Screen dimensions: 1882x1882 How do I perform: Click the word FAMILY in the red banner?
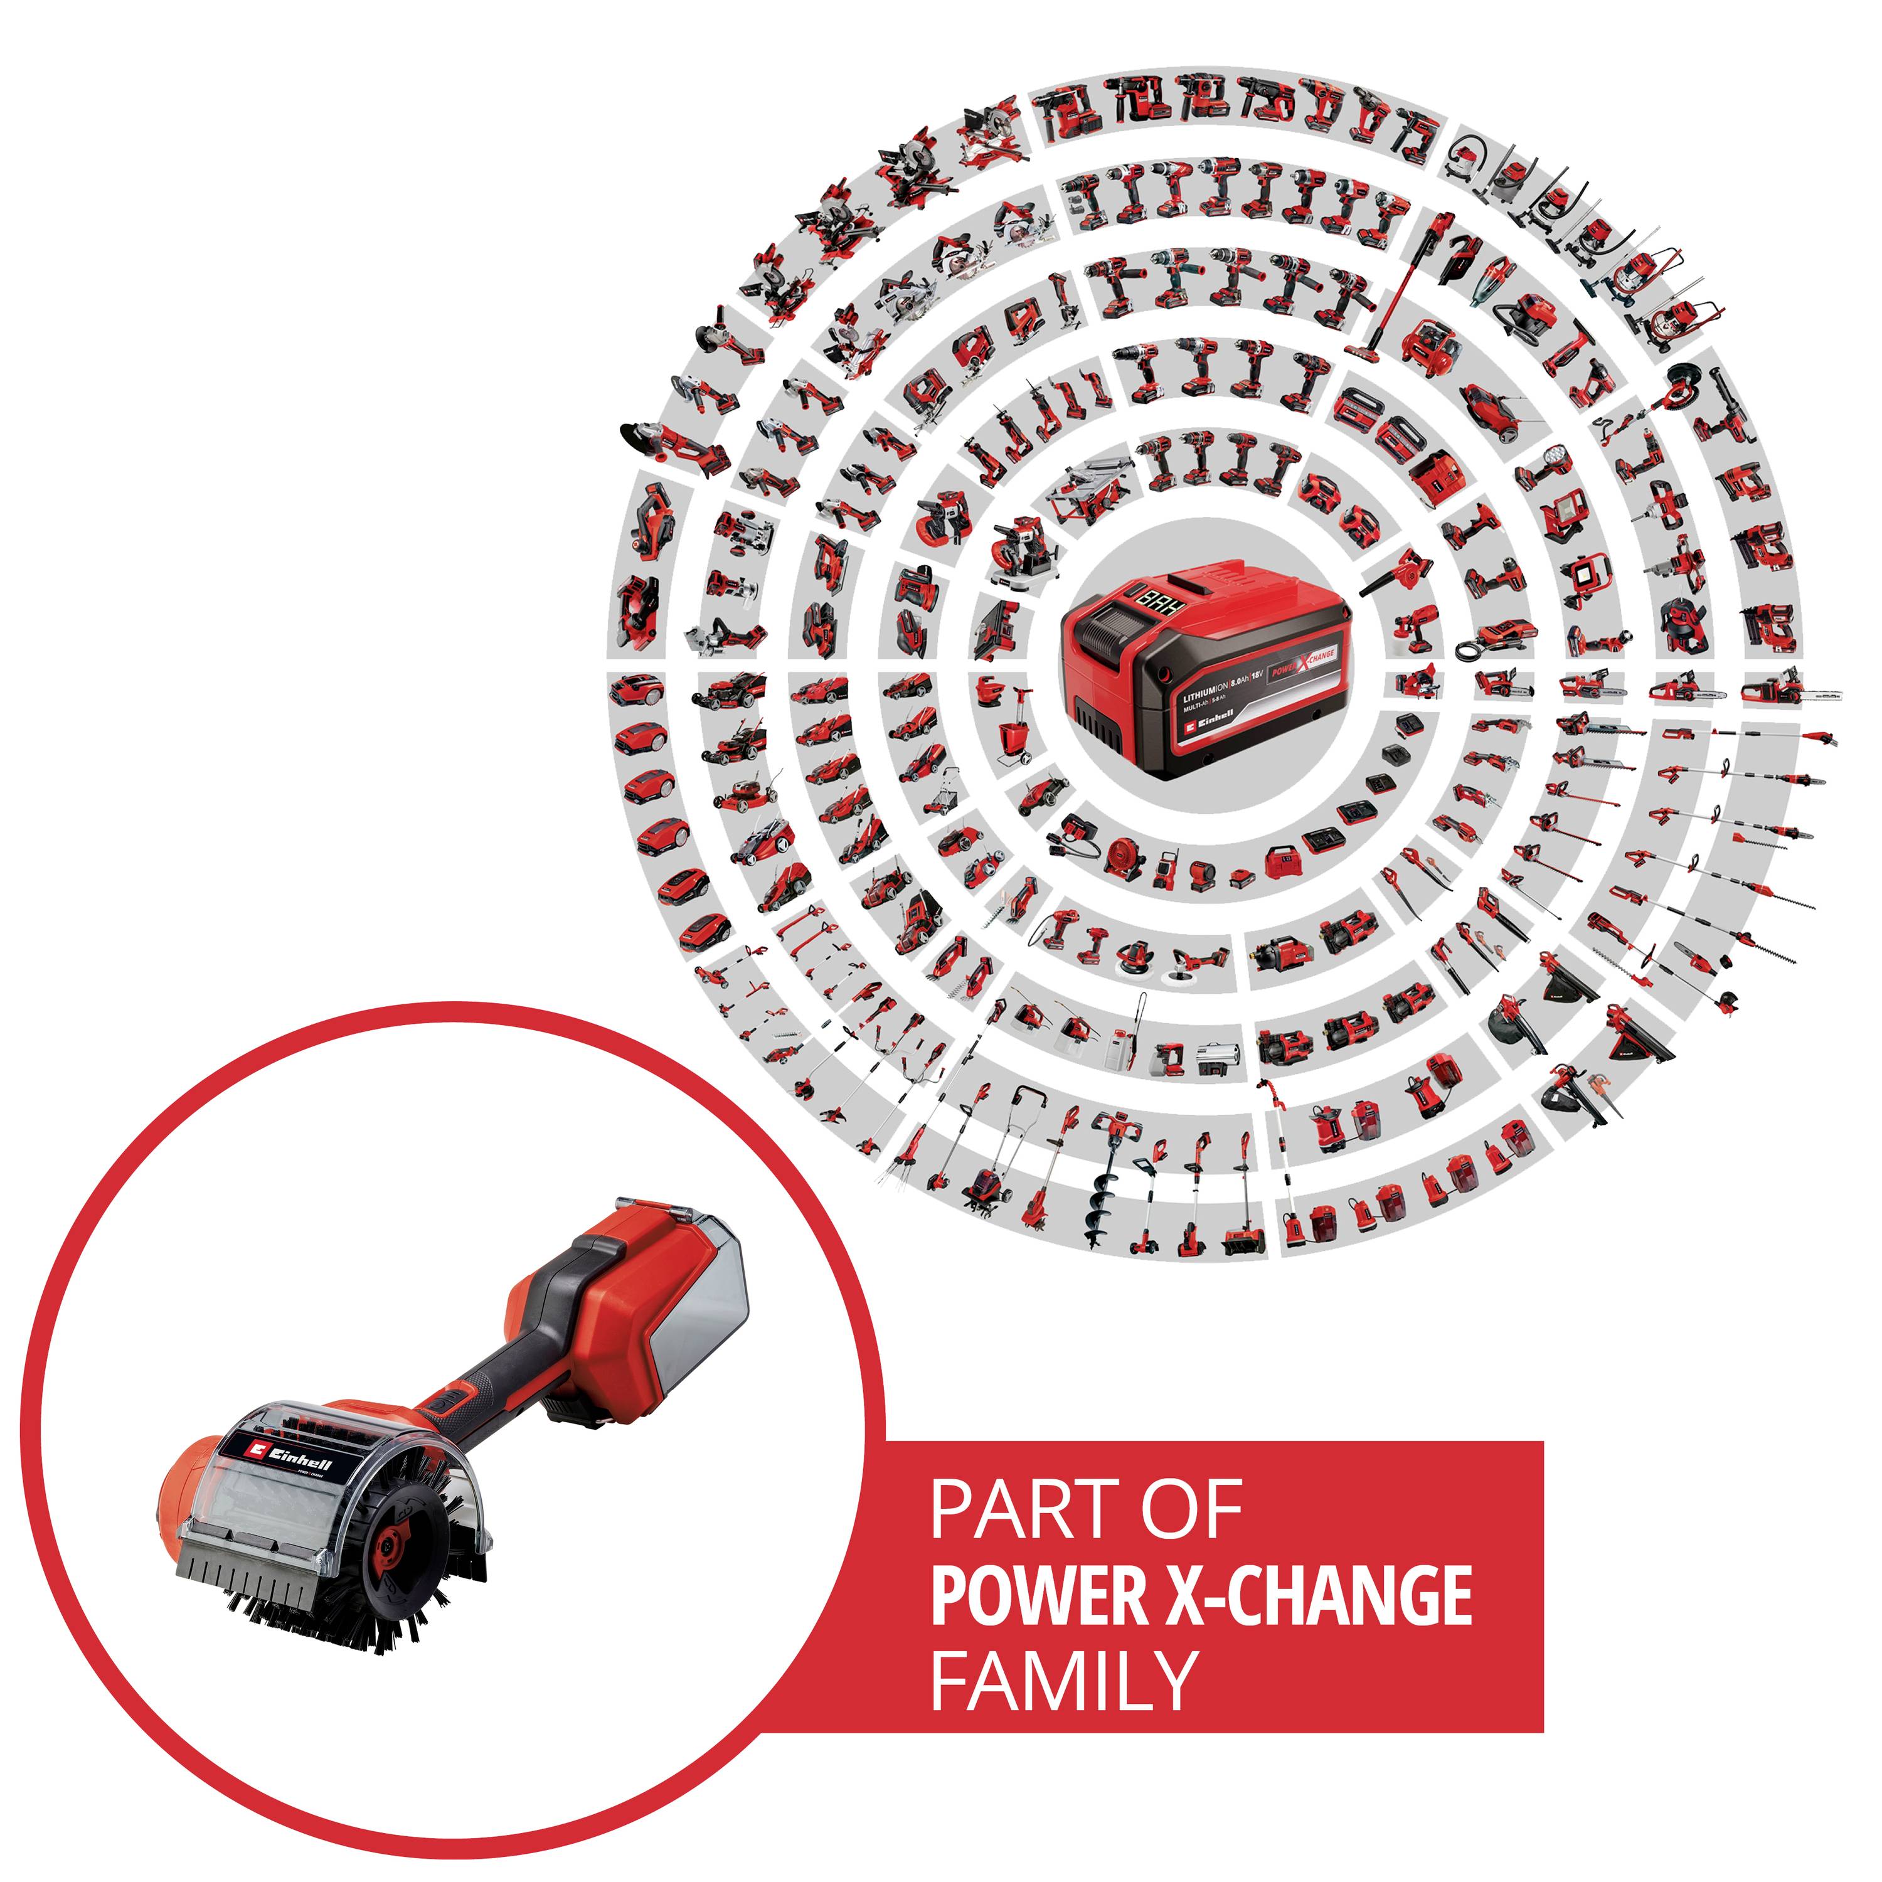pos(1063,1678)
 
